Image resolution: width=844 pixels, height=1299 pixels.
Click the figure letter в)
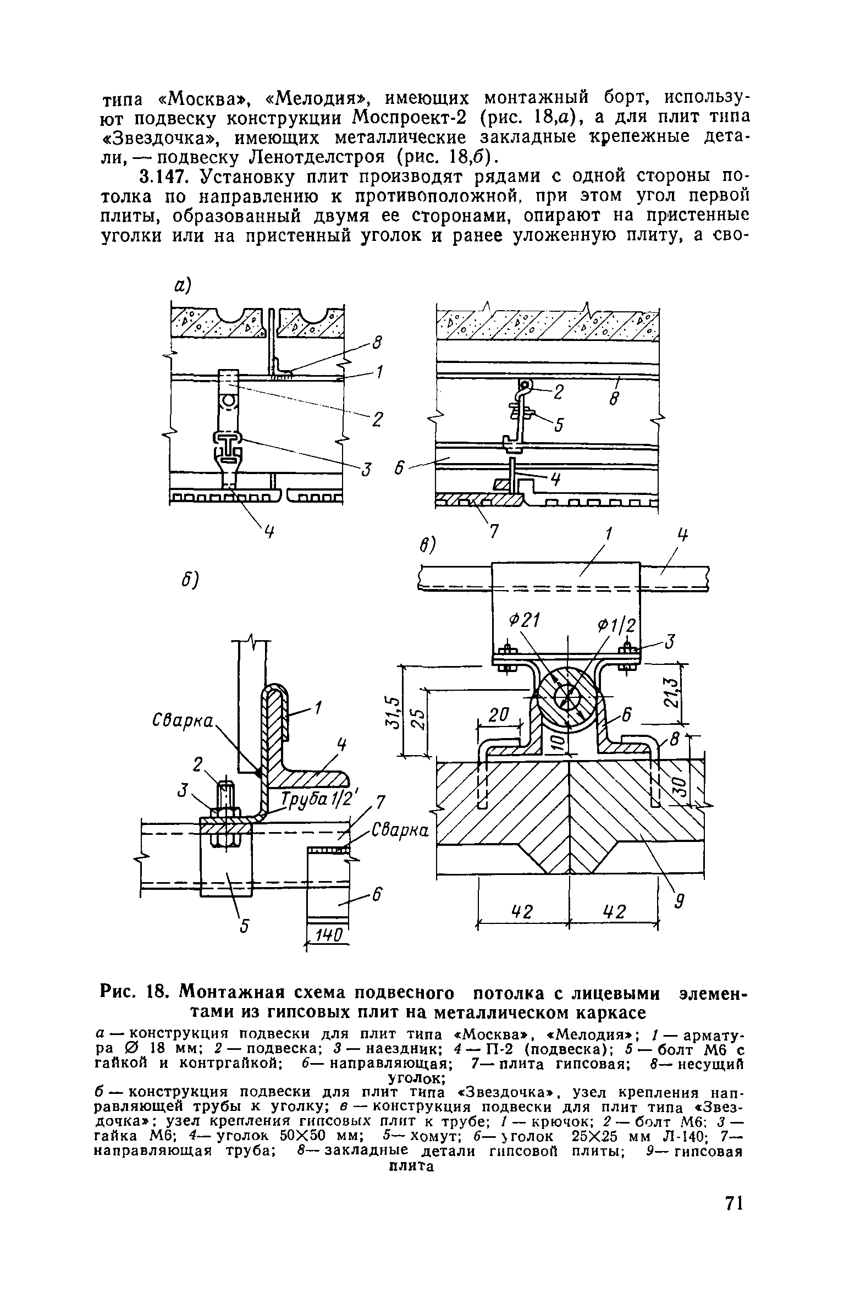coord(427,546)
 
